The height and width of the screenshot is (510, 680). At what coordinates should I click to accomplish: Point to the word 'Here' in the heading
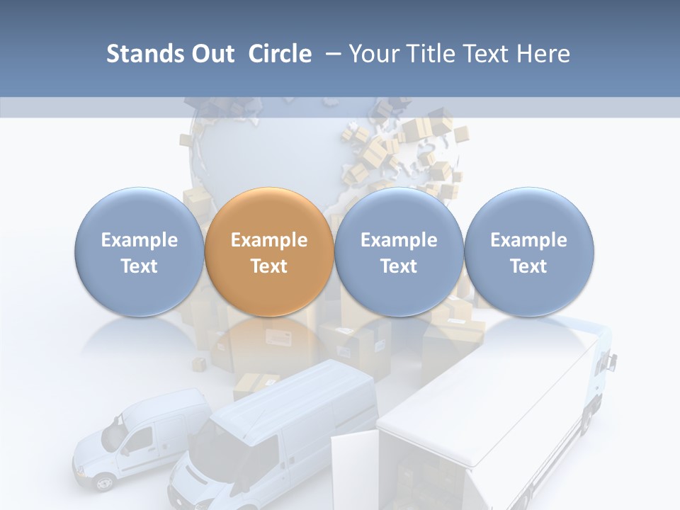click(x=543, y=54)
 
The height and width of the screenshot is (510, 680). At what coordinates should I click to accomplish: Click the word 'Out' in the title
click(x=211, y=54)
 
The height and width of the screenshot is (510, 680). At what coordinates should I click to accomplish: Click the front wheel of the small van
click(x=104, y=483)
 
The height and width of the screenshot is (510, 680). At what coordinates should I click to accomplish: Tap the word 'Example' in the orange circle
click(x=269, y=240)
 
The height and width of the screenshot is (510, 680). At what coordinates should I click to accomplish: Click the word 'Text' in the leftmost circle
click(x=139, y=266)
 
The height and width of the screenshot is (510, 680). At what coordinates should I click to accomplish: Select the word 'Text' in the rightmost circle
click(x=528, y=266)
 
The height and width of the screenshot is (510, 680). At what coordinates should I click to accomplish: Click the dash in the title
click(x=331, y=54)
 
